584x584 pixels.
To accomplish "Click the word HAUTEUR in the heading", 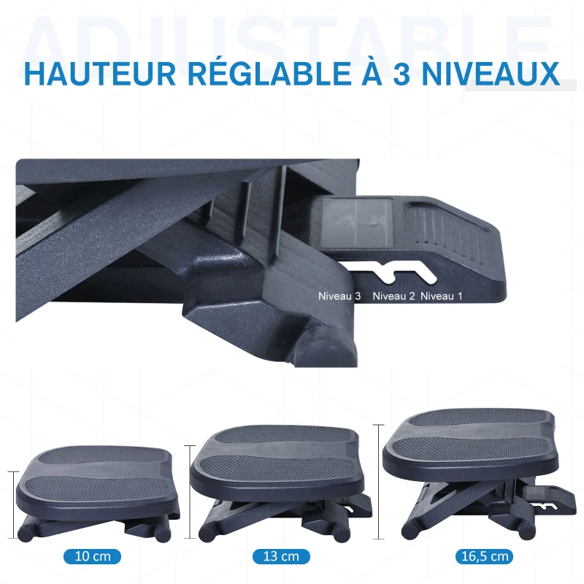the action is click(x=100, y=74).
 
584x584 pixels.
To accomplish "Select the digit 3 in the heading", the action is click(x=401, y=74).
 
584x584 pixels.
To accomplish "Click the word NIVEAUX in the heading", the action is click(x=491, y=74).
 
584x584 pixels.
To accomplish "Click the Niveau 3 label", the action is click(x=339, y=296).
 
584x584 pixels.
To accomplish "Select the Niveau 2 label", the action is click(x=393, y=296).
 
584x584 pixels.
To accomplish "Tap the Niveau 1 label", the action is click(x=442, y=296).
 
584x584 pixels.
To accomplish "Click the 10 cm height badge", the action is click(x=93, y=556).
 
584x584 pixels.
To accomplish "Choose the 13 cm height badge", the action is click(x=281, y=556).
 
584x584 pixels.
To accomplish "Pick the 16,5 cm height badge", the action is click(x=485, y=556).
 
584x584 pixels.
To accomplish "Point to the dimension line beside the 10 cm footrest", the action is click(x=14, y=505).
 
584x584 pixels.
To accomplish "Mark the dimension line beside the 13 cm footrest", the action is click(x=190, y=491).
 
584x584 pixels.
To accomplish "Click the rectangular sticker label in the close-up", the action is click(x=356, y=223).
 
